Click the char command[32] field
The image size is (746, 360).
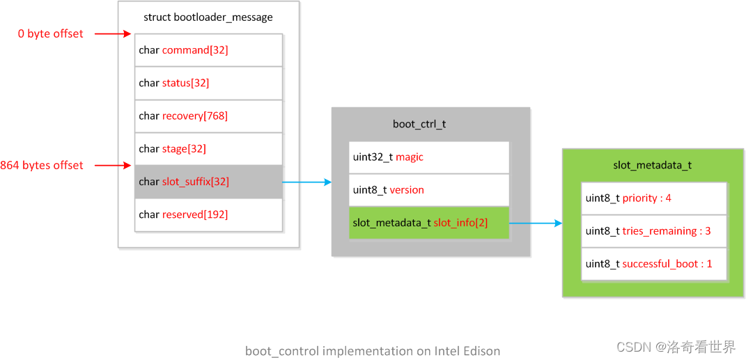(208, 50)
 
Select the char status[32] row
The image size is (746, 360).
(208, 83)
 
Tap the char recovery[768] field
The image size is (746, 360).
(208, 116)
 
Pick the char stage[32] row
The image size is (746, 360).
(208, 148)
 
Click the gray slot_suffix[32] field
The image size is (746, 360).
(208, 182)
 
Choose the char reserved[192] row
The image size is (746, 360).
(208, 214)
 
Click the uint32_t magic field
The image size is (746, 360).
(429, 157)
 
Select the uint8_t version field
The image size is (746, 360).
(429, 190)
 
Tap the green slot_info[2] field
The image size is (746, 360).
(429, 223)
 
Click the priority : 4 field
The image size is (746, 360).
(653, 198)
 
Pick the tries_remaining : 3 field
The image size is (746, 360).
(653, 231)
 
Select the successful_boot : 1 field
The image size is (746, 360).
(653, 264)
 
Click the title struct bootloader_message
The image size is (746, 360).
(208, 17)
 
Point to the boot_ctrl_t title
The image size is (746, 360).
(419, 125)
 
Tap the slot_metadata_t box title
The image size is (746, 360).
(652, 166)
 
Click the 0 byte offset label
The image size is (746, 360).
(51, 33)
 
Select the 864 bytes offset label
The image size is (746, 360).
(42, 165)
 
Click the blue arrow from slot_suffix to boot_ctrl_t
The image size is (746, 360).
(306, 182)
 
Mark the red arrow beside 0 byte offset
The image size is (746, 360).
(112, 33)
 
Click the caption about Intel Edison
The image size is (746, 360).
(373, 351)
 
